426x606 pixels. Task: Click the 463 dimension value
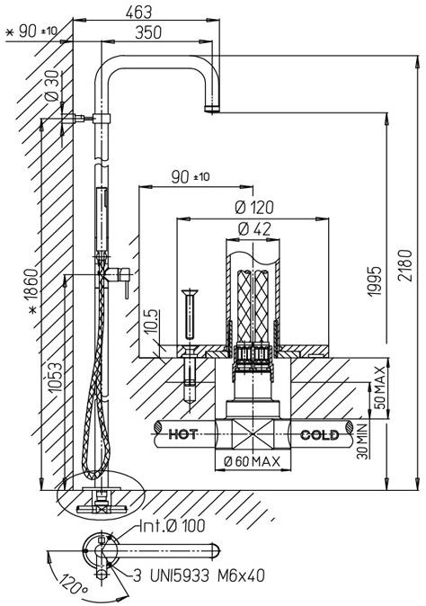[x=138, y=13]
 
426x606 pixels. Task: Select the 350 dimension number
[x=148, y=33]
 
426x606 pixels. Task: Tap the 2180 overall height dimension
[x=405, y=265]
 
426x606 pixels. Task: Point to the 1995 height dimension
[x=374, y=281]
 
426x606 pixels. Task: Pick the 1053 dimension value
[x=55, y=377]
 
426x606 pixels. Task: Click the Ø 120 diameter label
[x=254, y=208]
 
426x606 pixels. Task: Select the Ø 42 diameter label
[x=254, y=229]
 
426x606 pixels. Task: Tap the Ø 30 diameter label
[x=53, y=85]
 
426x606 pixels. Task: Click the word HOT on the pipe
[x=182, y=434]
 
